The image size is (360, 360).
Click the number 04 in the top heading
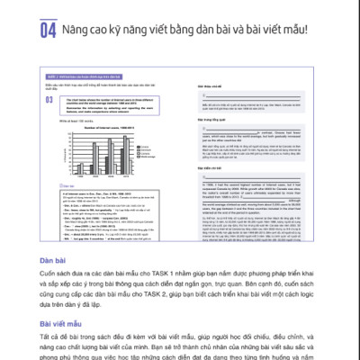pyautogui.click(x=49, y=31)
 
